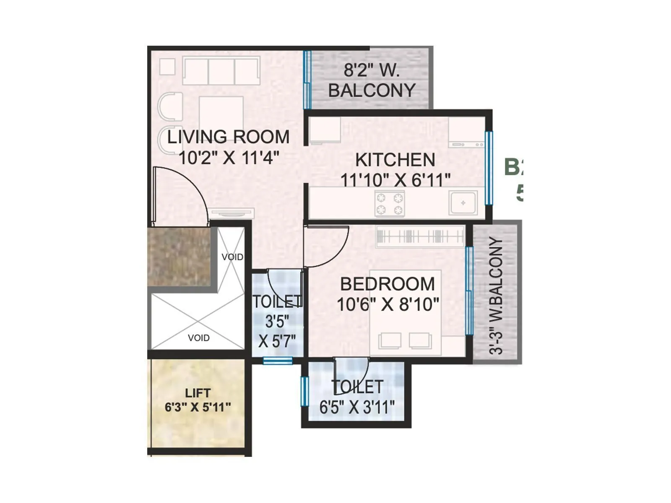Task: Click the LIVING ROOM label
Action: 228,137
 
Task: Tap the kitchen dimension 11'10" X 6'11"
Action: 395,180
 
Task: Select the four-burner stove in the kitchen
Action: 390,204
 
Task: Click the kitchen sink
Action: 463,203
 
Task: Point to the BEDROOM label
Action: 387,284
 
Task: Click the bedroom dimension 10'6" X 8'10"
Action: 388,305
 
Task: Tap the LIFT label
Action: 198,393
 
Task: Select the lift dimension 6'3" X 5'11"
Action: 198,407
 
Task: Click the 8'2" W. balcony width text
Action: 372,70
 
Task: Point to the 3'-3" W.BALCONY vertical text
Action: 496,296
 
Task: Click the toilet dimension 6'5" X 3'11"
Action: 357,407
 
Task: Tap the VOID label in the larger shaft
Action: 198,338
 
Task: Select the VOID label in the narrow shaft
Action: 232,257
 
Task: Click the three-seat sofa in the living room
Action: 221,71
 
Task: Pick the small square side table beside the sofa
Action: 167,67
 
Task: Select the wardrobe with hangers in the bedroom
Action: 420,236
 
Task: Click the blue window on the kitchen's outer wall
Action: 489,168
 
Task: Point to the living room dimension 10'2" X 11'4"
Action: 229,158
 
